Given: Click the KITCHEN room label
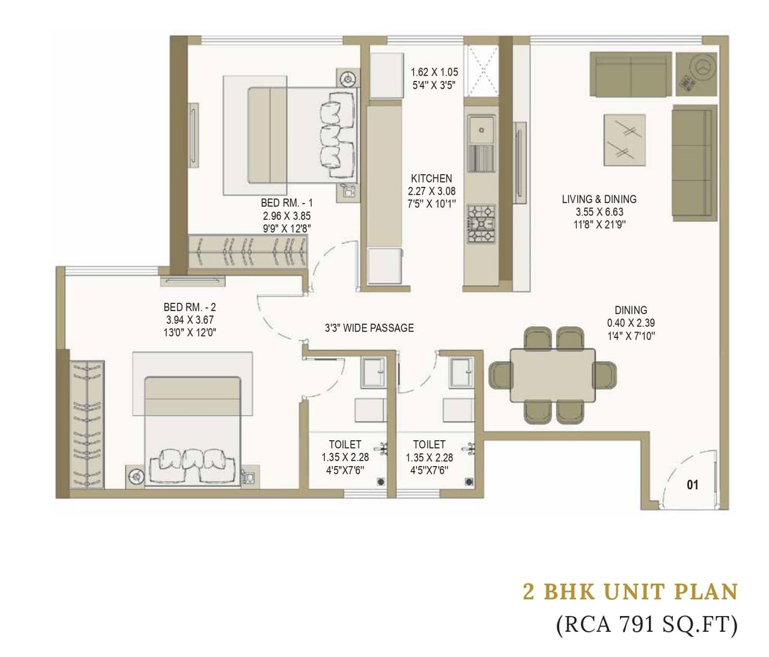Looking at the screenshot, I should tap(431, 178).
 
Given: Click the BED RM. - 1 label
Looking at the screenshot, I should tap(287, 203).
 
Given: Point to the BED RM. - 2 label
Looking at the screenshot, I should tap(189, 307).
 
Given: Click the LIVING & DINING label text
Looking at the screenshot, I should tap(599, 199).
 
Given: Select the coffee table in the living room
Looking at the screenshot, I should tap(624, 140).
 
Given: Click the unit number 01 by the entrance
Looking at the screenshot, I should tap(692, 484).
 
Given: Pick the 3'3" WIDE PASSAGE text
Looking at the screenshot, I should tap(369, 328).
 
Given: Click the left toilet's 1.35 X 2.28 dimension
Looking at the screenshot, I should tap(345, 457).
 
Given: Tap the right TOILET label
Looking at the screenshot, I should tap(429, 444).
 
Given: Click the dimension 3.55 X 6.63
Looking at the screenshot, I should tap(599, 212).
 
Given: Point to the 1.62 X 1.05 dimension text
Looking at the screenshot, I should tap(434, 72).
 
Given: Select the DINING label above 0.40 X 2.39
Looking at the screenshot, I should tap(630, 310).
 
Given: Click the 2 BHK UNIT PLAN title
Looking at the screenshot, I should tap(630, 592).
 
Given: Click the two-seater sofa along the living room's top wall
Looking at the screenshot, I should tap(630, 74).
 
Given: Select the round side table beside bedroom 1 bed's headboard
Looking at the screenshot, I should tap(348, 78).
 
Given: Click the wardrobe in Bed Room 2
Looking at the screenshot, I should tap(88, 424).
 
